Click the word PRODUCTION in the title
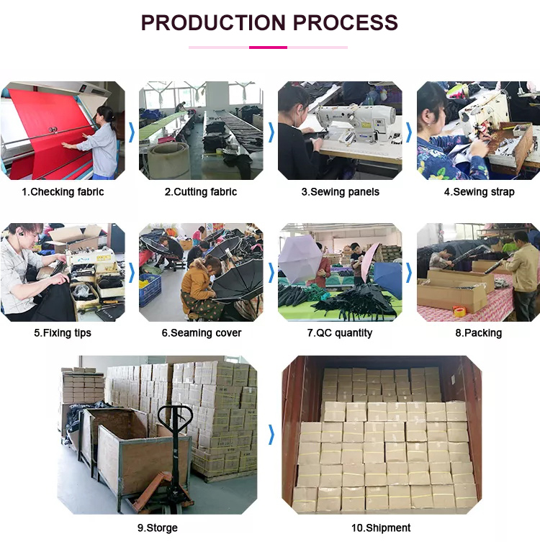[x=213, y=22]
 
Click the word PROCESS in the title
[x=345, y=22]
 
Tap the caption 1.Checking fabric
[x=63, y=192]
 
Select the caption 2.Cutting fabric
[x=201, y=192]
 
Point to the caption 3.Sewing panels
[x=341, y=192]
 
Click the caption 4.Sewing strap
[x=479, y=192]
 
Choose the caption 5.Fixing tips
[x=63, y=333]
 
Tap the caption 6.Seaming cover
[x=202, y=333]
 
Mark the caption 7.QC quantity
[x=340, y=333]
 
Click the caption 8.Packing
[x=478, y=333]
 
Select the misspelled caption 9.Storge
[x=158, y=528]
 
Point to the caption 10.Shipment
[x=381, y=528]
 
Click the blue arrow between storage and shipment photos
[x=271, y=435]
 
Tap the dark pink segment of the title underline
[x=268, y=47]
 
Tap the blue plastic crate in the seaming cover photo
[x=150, y=290]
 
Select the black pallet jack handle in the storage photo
[x=175, y=418]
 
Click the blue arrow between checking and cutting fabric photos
[x=132, y=132]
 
